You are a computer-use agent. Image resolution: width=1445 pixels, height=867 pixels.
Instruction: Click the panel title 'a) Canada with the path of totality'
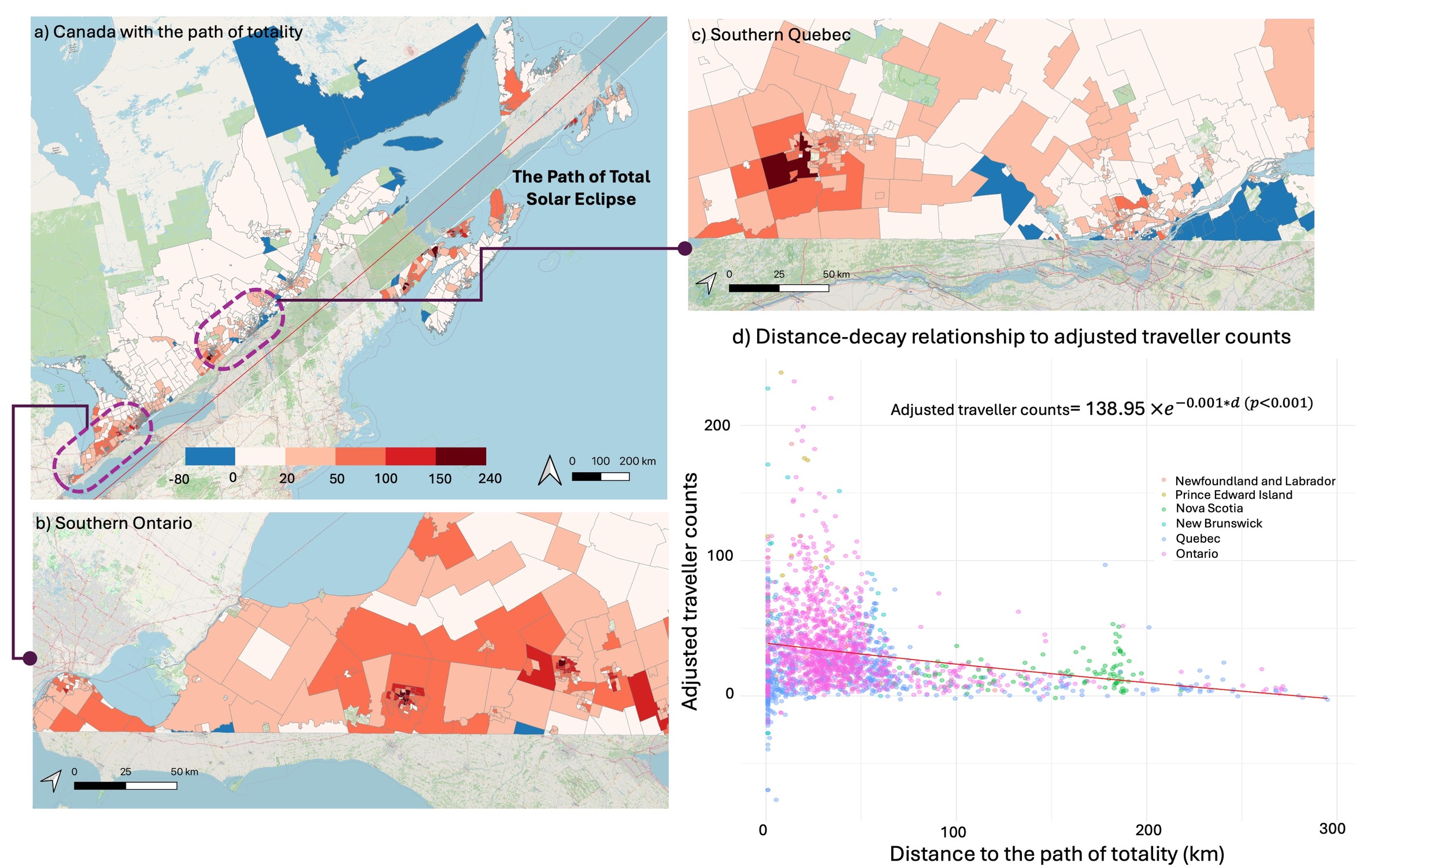click(168, 32)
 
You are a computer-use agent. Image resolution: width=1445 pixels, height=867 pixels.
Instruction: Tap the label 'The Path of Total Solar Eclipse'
click(580, 187)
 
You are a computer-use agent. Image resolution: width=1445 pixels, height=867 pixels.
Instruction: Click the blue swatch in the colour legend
click(210, 456)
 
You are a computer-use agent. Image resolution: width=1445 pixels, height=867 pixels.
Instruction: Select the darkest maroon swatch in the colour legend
click(460, 456)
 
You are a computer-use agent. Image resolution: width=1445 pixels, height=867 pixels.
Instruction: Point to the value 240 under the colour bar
click(490, 479)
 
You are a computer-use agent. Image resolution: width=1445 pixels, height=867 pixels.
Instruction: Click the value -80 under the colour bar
click(179, 480)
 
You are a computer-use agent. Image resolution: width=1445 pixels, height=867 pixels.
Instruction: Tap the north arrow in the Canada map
click(549, 471)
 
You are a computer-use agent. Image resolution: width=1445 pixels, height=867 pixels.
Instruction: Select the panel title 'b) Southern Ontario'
click(114, 523)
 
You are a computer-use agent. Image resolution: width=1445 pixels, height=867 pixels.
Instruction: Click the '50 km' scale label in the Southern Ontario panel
click(184, 772)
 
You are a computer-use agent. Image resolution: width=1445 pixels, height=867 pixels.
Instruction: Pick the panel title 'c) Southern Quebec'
click(770, 35)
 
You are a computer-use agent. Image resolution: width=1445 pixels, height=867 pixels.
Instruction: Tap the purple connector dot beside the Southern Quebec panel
click(684, 249)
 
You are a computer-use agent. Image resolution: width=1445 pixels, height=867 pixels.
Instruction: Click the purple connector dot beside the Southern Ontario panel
click(30, 658)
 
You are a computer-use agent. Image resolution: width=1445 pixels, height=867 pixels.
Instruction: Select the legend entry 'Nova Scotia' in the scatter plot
click(1209, 508)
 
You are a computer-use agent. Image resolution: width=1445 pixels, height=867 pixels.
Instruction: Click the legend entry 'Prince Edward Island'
click(1233, 495)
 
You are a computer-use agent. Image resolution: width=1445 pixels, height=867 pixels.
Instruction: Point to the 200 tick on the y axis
click(717, 425)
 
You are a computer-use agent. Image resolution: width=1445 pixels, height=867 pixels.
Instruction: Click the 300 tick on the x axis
click(1332, 829)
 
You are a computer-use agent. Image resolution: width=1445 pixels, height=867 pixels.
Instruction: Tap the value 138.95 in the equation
click(1115, 409)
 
